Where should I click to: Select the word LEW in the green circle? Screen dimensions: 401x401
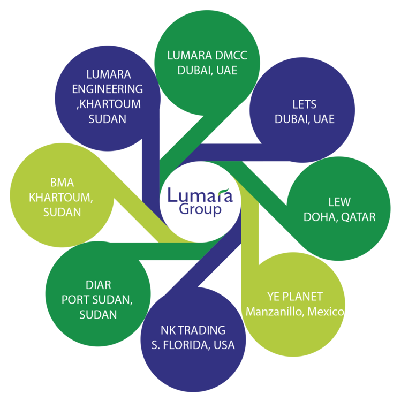pos(339,202)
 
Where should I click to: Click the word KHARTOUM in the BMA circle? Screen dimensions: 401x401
pos(61,198)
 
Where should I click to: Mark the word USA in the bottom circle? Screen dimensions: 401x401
pos(223,345)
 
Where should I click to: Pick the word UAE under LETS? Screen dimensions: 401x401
pos(322,119)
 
